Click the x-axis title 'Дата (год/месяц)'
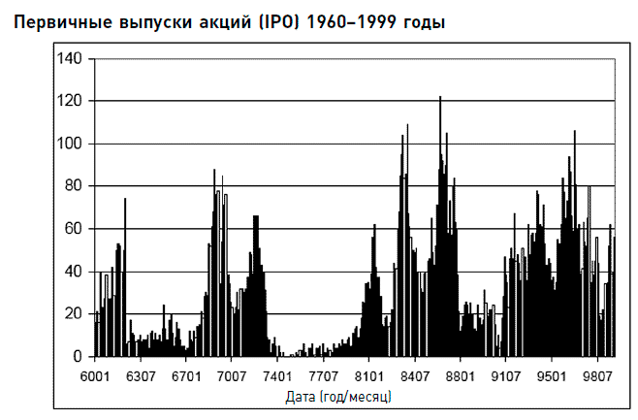click(x=339, y=397)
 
